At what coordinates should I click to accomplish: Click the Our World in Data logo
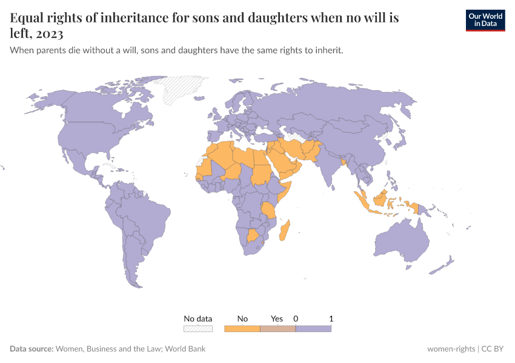pyautogui.click(x=485, y=20)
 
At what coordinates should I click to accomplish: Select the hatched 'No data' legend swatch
pyautogui.click(x=198, y=329)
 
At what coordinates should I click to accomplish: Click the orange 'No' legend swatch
pyautogui.click(x=242, y=329)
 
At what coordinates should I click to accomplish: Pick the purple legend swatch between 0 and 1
pyautogui.click(x=313, y=329)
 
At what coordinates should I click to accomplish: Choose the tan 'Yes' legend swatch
pyautogui.click(x=277, y=329)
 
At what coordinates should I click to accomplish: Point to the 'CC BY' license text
pyautogui.click(x=492, y=348)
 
